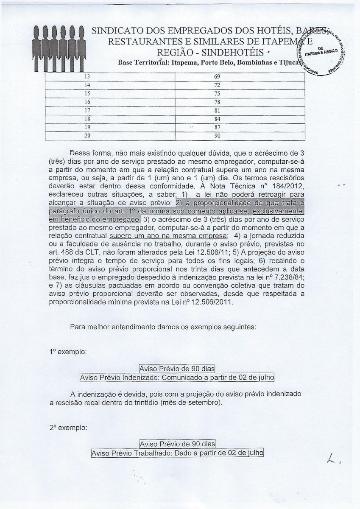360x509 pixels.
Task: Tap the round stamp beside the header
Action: click(x=324, y=50)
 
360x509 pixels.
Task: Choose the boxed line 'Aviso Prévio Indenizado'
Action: click(x=177, y=377)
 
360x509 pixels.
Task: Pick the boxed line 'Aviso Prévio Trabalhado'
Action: click(x=177, y=453)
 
